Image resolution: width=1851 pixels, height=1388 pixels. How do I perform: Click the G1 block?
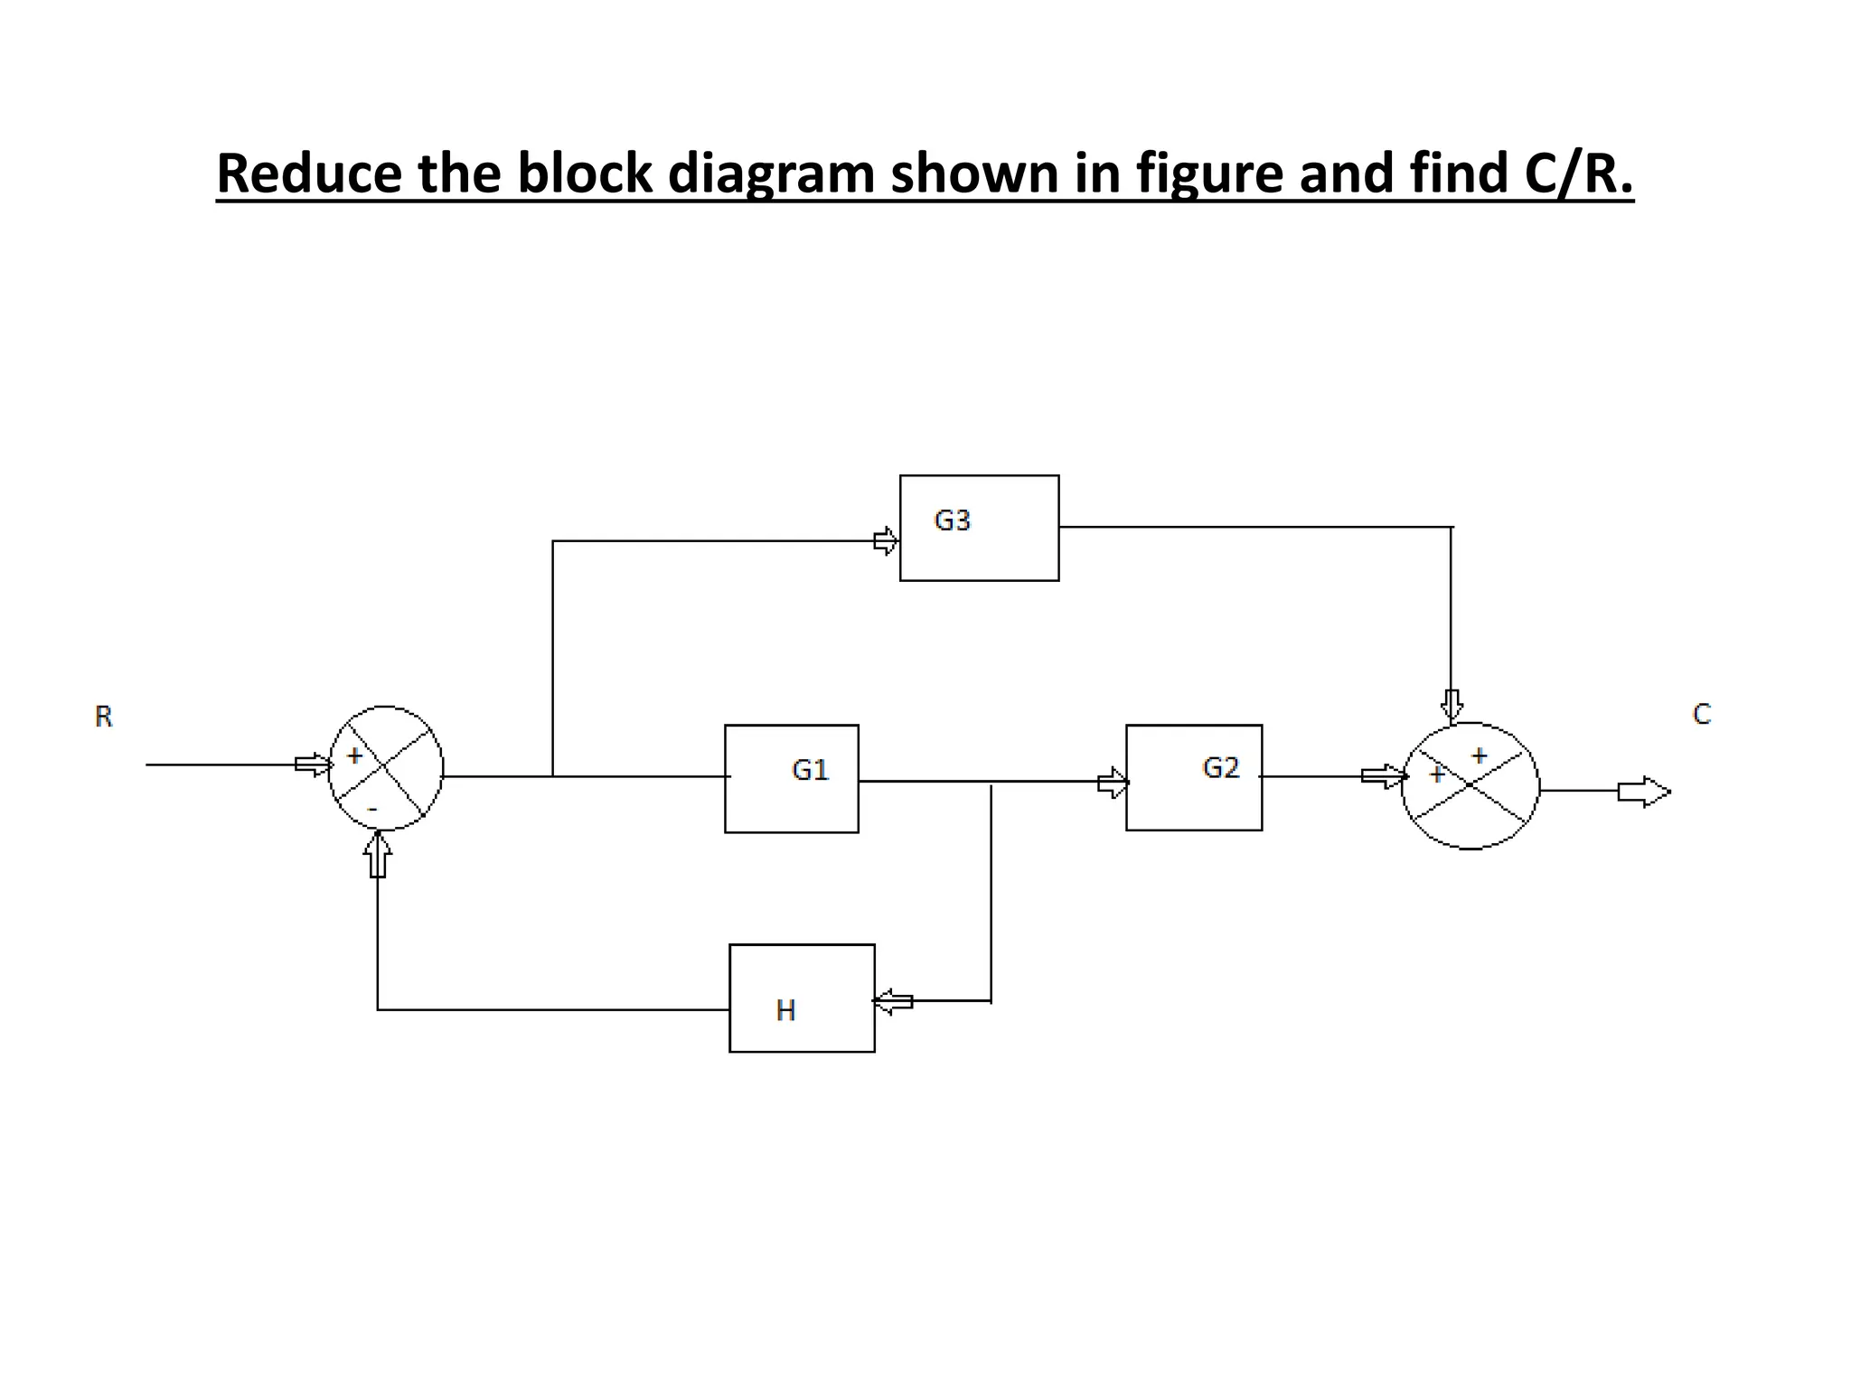tap(791, 778)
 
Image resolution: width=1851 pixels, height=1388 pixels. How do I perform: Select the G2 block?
tap(1193, 777)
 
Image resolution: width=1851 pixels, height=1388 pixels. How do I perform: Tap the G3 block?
tap(979, 528)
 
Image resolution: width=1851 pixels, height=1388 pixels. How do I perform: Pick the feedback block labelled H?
tap(802, 998)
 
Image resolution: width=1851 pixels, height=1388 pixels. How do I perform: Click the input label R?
tap(104, 717)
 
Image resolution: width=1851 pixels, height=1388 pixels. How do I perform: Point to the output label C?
tap(1701, 714)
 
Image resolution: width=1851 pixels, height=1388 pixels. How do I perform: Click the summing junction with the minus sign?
tap(386, 768)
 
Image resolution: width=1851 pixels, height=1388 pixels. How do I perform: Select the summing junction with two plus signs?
tap(1470, 785)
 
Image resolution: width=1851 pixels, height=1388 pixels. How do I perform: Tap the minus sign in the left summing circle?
tap(371, 808)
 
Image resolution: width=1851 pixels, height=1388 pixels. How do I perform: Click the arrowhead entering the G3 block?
tap(886, 541)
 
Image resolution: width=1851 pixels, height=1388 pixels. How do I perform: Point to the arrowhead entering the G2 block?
tap(1113, 782)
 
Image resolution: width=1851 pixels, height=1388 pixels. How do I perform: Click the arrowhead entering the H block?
tap(893, 1001)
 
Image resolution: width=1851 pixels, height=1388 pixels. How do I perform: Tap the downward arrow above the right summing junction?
tap(1452, 705)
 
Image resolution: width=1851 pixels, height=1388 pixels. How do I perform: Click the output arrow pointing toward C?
tap(1643, 792)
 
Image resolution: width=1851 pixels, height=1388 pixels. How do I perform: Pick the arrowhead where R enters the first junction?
tap(314, 764)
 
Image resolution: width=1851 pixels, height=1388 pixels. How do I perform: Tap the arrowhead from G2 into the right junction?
tap(1384, 776)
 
